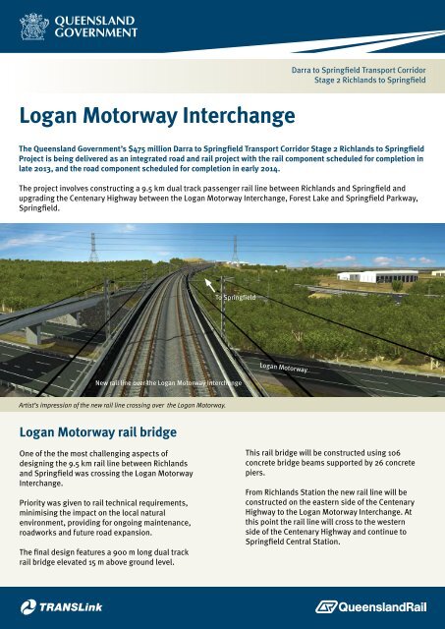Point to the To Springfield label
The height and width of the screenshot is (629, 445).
[236, 296]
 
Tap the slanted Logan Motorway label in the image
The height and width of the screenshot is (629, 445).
[284, 369]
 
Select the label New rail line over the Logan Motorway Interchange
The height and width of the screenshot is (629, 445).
[168, 381]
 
